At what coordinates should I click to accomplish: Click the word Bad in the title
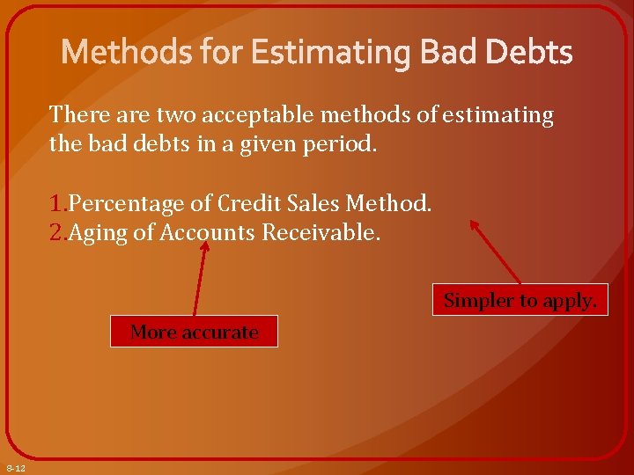click(446, 53)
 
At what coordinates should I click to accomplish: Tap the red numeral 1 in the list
click(55, 204)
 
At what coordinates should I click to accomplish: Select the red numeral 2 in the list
click(56, 233)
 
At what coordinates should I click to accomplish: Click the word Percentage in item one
click(119, 204)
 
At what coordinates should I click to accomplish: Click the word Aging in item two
click(97, 233)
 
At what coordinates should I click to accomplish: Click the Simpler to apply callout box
click(520, 300)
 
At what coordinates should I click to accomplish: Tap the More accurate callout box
click(194, 332)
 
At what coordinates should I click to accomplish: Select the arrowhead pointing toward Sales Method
click(475, 225)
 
